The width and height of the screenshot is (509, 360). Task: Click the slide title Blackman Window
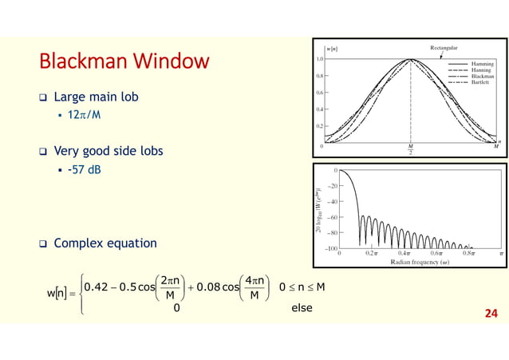click(x=125, y=61)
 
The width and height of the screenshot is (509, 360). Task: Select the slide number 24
click(x=489, y=314)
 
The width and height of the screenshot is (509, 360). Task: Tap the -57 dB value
click(x=83, y=169)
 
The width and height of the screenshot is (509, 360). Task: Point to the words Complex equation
click(x=105, y=243)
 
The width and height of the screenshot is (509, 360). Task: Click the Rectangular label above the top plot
click(x=449, y=48)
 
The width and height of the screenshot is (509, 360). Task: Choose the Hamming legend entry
click(x=482, y=62)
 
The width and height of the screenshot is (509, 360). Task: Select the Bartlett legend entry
click(x=480, y=82)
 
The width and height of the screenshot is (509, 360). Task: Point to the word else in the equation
click(x=301, y=308)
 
